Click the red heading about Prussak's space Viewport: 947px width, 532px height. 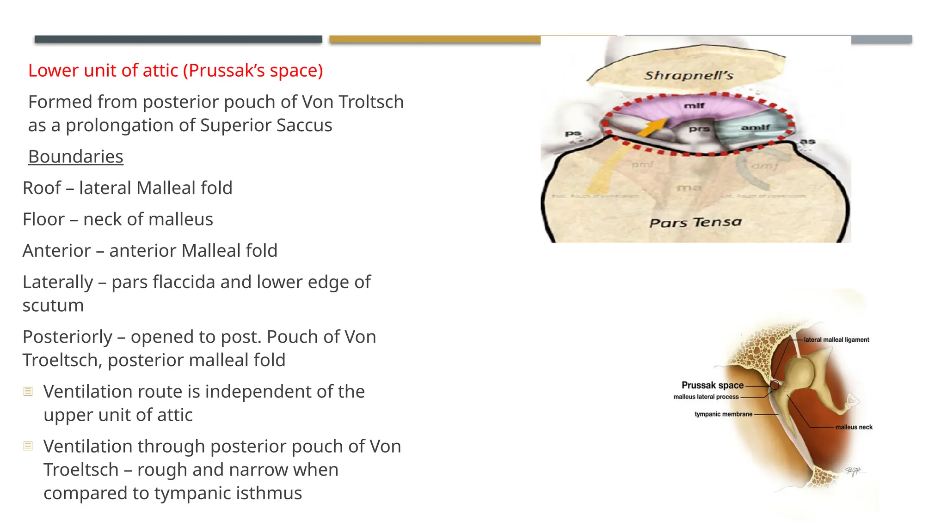point(175,71)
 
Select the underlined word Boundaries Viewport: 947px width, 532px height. point(75,157)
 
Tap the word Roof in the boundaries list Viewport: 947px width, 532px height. point(42,188)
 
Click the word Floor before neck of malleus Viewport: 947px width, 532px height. point(43,219)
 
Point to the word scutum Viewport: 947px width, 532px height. point(53,306)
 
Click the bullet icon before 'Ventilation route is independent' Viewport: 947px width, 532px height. point(28,392)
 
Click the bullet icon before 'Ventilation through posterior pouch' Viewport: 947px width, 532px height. point(28,446)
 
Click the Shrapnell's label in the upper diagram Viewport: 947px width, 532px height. point(689,75)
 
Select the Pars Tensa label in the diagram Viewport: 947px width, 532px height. point(695,223)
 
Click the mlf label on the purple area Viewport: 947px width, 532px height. point(694,106)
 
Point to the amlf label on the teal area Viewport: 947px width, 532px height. point(755,127)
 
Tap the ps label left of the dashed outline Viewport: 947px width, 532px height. point(572,134)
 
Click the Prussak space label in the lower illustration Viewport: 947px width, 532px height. point(712,385)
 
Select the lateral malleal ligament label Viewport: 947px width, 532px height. point(836,340)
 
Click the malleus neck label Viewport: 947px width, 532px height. point(854,427)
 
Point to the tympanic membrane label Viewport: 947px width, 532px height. point(723,414)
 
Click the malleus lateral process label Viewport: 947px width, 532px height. point(706,397)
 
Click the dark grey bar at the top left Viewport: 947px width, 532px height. point(178,39)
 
